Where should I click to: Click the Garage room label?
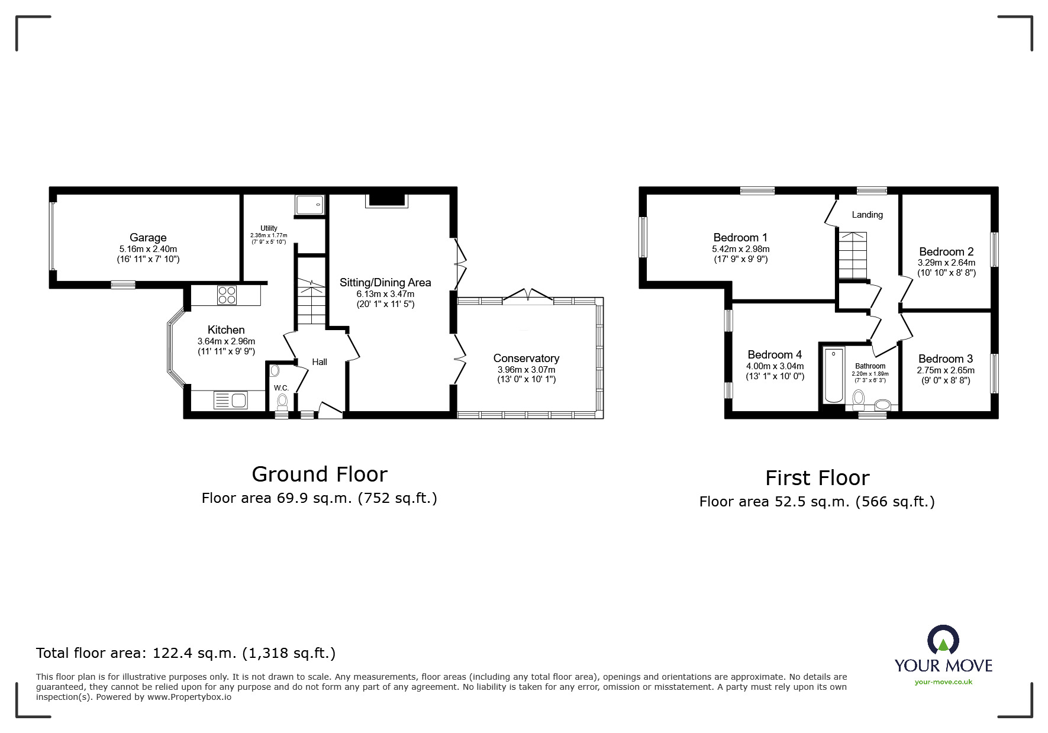[148, 238]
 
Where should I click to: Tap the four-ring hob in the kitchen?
[227, 295]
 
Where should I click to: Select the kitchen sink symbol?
[231, 401]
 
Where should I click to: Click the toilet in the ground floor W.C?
[282, 402]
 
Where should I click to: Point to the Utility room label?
[269, 228]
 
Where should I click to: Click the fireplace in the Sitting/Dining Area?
[388, 199]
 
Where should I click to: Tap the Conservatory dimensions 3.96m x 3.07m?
[526, 370]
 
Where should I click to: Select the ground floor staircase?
[311, 302]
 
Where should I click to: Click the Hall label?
[320, 362]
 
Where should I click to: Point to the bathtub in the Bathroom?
[834, 376]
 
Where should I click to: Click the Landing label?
[867, 215]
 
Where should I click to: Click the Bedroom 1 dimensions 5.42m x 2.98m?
[740, 249]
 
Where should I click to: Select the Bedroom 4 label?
[775, 355]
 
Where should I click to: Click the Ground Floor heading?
[320, 474]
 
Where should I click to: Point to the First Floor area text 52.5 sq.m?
[817, 502]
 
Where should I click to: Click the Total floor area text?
[186, 653]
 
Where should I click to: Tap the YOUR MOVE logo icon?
[943, 640]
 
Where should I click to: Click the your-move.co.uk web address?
[943, 682]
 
